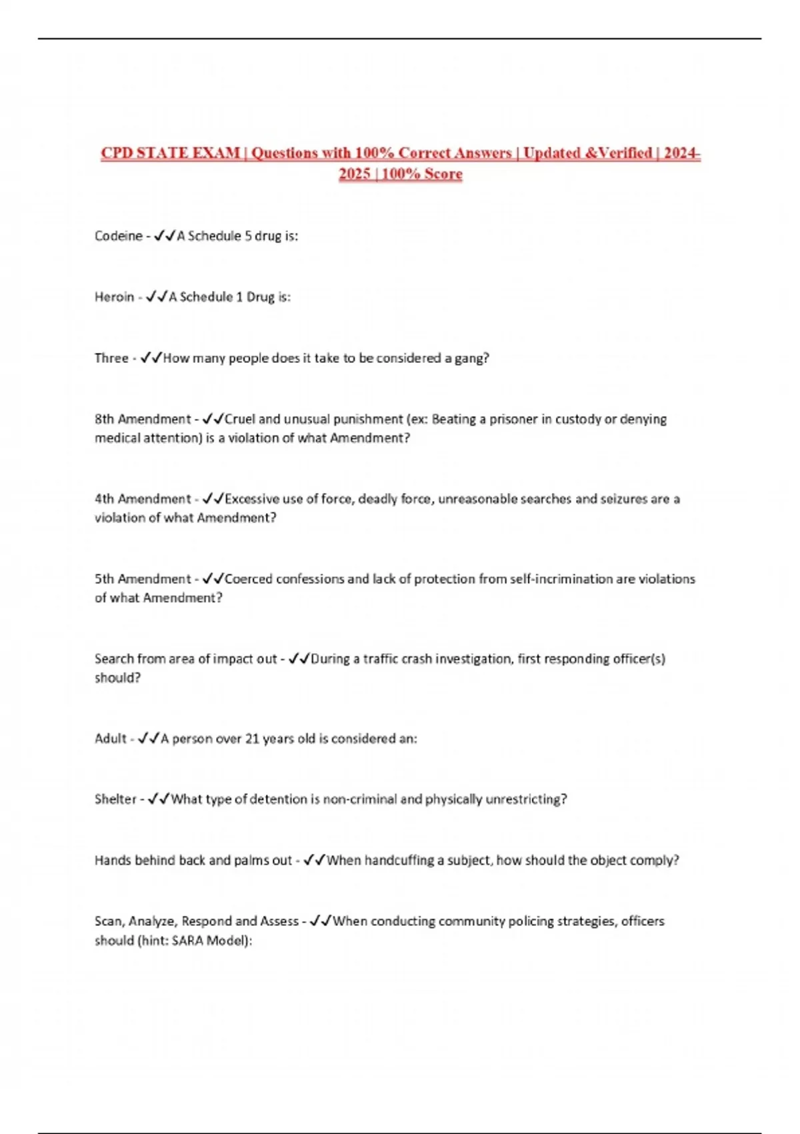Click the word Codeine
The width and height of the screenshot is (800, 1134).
click(118, 236)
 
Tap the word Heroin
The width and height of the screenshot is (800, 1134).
click(114, 297)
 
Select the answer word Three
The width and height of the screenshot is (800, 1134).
click(111, 358)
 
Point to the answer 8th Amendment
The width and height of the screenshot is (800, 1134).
click(143, 420)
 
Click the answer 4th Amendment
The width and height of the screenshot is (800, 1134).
click(143, 499)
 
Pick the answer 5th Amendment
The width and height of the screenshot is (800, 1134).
click(143, 579)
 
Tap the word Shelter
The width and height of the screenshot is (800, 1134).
click(115, 799)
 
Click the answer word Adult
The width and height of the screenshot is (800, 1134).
click(110, 738)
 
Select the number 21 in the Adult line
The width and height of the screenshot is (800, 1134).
click(252, 738)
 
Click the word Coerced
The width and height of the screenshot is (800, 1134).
click(248, 579)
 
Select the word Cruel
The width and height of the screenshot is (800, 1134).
click(239, 420)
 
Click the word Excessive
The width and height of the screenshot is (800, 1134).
click(252, 499)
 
